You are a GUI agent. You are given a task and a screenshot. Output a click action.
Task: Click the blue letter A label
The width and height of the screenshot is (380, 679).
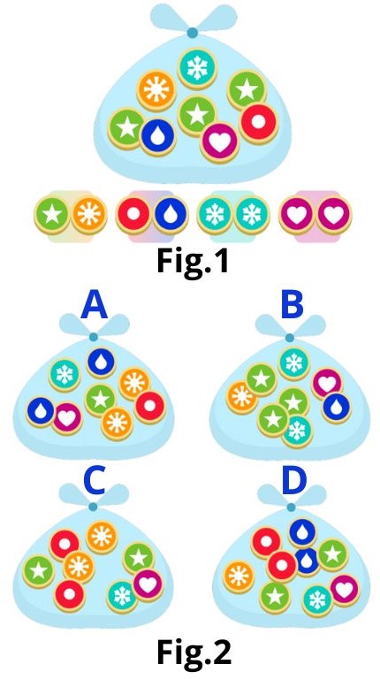tap(94, 305)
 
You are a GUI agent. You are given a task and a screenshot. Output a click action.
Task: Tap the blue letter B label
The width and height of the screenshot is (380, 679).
tap(293, 305)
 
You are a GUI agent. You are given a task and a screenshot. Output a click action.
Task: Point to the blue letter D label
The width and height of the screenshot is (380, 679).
tap(294, 481)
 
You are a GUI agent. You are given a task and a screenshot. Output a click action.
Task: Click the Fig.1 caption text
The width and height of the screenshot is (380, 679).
tap(192, 261)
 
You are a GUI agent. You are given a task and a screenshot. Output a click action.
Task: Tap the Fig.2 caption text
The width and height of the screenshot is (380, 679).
tap(194, 652)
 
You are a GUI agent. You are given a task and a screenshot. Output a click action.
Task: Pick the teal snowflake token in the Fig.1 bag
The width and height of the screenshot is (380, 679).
tap(197, 68)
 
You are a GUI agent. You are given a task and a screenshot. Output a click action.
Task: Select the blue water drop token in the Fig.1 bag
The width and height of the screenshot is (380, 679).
tap(157, 136)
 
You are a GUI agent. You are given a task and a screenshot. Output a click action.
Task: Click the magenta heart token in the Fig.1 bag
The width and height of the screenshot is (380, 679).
tap(220, 143)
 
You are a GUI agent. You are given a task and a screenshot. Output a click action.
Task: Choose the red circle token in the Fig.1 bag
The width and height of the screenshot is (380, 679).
tap(258, 123)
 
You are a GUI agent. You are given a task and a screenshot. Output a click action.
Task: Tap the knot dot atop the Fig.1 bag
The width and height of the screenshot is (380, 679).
tap(193, 33)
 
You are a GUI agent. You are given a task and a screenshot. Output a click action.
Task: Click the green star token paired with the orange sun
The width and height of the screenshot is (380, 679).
tap(52, 215)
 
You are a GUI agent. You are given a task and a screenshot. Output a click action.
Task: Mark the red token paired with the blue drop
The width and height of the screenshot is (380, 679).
tap(133, 215)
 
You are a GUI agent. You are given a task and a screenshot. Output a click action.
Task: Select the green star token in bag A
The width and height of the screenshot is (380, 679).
tap(100, 400)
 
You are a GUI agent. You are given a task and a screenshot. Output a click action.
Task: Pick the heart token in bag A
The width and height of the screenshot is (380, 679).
tap(66, 418)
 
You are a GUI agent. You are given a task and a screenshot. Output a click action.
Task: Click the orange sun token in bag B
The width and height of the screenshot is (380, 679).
tap(241, 397)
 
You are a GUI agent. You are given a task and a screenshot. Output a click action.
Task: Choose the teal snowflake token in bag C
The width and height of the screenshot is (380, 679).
tap(122, 597)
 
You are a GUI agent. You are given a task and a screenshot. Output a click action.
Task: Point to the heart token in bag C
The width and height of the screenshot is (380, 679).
tap(148, 584)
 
